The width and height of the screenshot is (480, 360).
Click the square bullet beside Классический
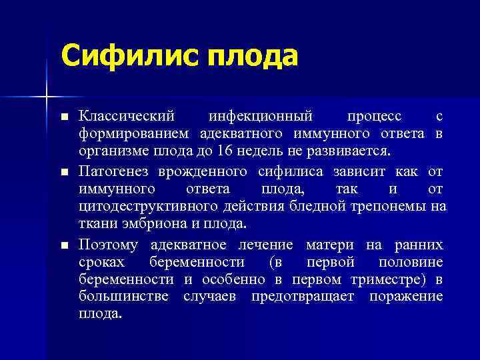(64, 117)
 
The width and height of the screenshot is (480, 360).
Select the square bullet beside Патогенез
(64, 173)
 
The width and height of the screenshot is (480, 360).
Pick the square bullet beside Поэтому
(64, 246)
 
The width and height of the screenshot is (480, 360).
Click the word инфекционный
(261, 117)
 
